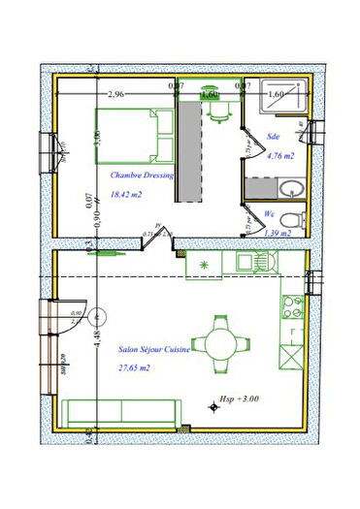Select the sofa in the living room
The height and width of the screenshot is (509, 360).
123,414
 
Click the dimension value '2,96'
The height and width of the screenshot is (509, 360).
115,94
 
